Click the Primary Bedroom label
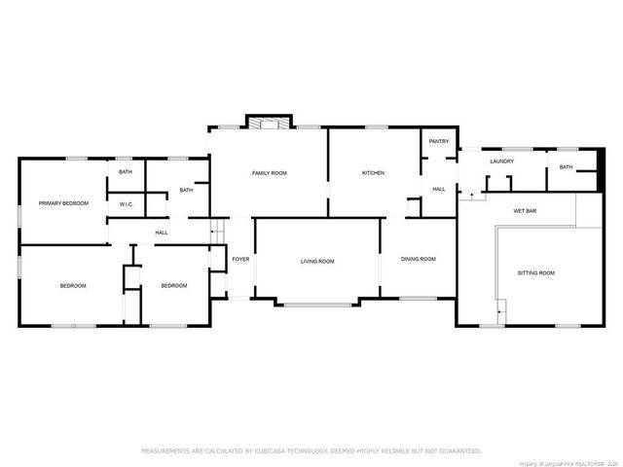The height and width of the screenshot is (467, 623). pos(63,203)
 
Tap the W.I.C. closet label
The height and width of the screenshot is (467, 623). pos(127,204)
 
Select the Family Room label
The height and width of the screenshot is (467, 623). pos(270,173)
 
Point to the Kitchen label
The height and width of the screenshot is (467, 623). pos(374,173)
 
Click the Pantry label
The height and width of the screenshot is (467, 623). pos(439,142)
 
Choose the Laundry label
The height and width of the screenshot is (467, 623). pos(502,162)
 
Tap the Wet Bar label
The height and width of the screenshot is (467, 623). pos(526,211)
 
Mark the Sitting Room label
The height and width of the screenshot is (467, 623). pos(535,273)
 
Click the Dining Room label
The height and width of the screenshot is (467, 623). pos(419,259)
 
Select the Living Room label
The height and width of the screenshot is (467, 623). pos(317,261)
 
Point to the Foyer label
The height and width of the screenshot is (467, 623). pos(240,259)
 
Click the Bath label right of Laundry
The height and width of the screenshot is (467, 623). pos(566,167)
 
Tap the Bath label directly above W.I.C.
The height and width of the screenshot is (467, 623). pos(126,172)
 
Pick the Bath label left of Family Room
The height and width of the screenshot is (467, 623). pos(186,190)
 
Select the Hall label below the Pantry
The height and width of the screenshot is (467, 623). pos(439,189)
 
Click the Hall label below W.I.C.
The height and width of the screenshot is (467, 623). pos(162,233)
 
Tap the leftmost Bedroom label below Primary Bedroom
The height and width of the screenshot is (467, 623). pos(73,285)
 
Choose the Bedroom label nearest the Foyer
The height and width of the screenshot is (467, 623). pos(174,285)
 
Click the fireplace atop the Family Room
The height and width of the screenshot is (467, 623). pos(268,123)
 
